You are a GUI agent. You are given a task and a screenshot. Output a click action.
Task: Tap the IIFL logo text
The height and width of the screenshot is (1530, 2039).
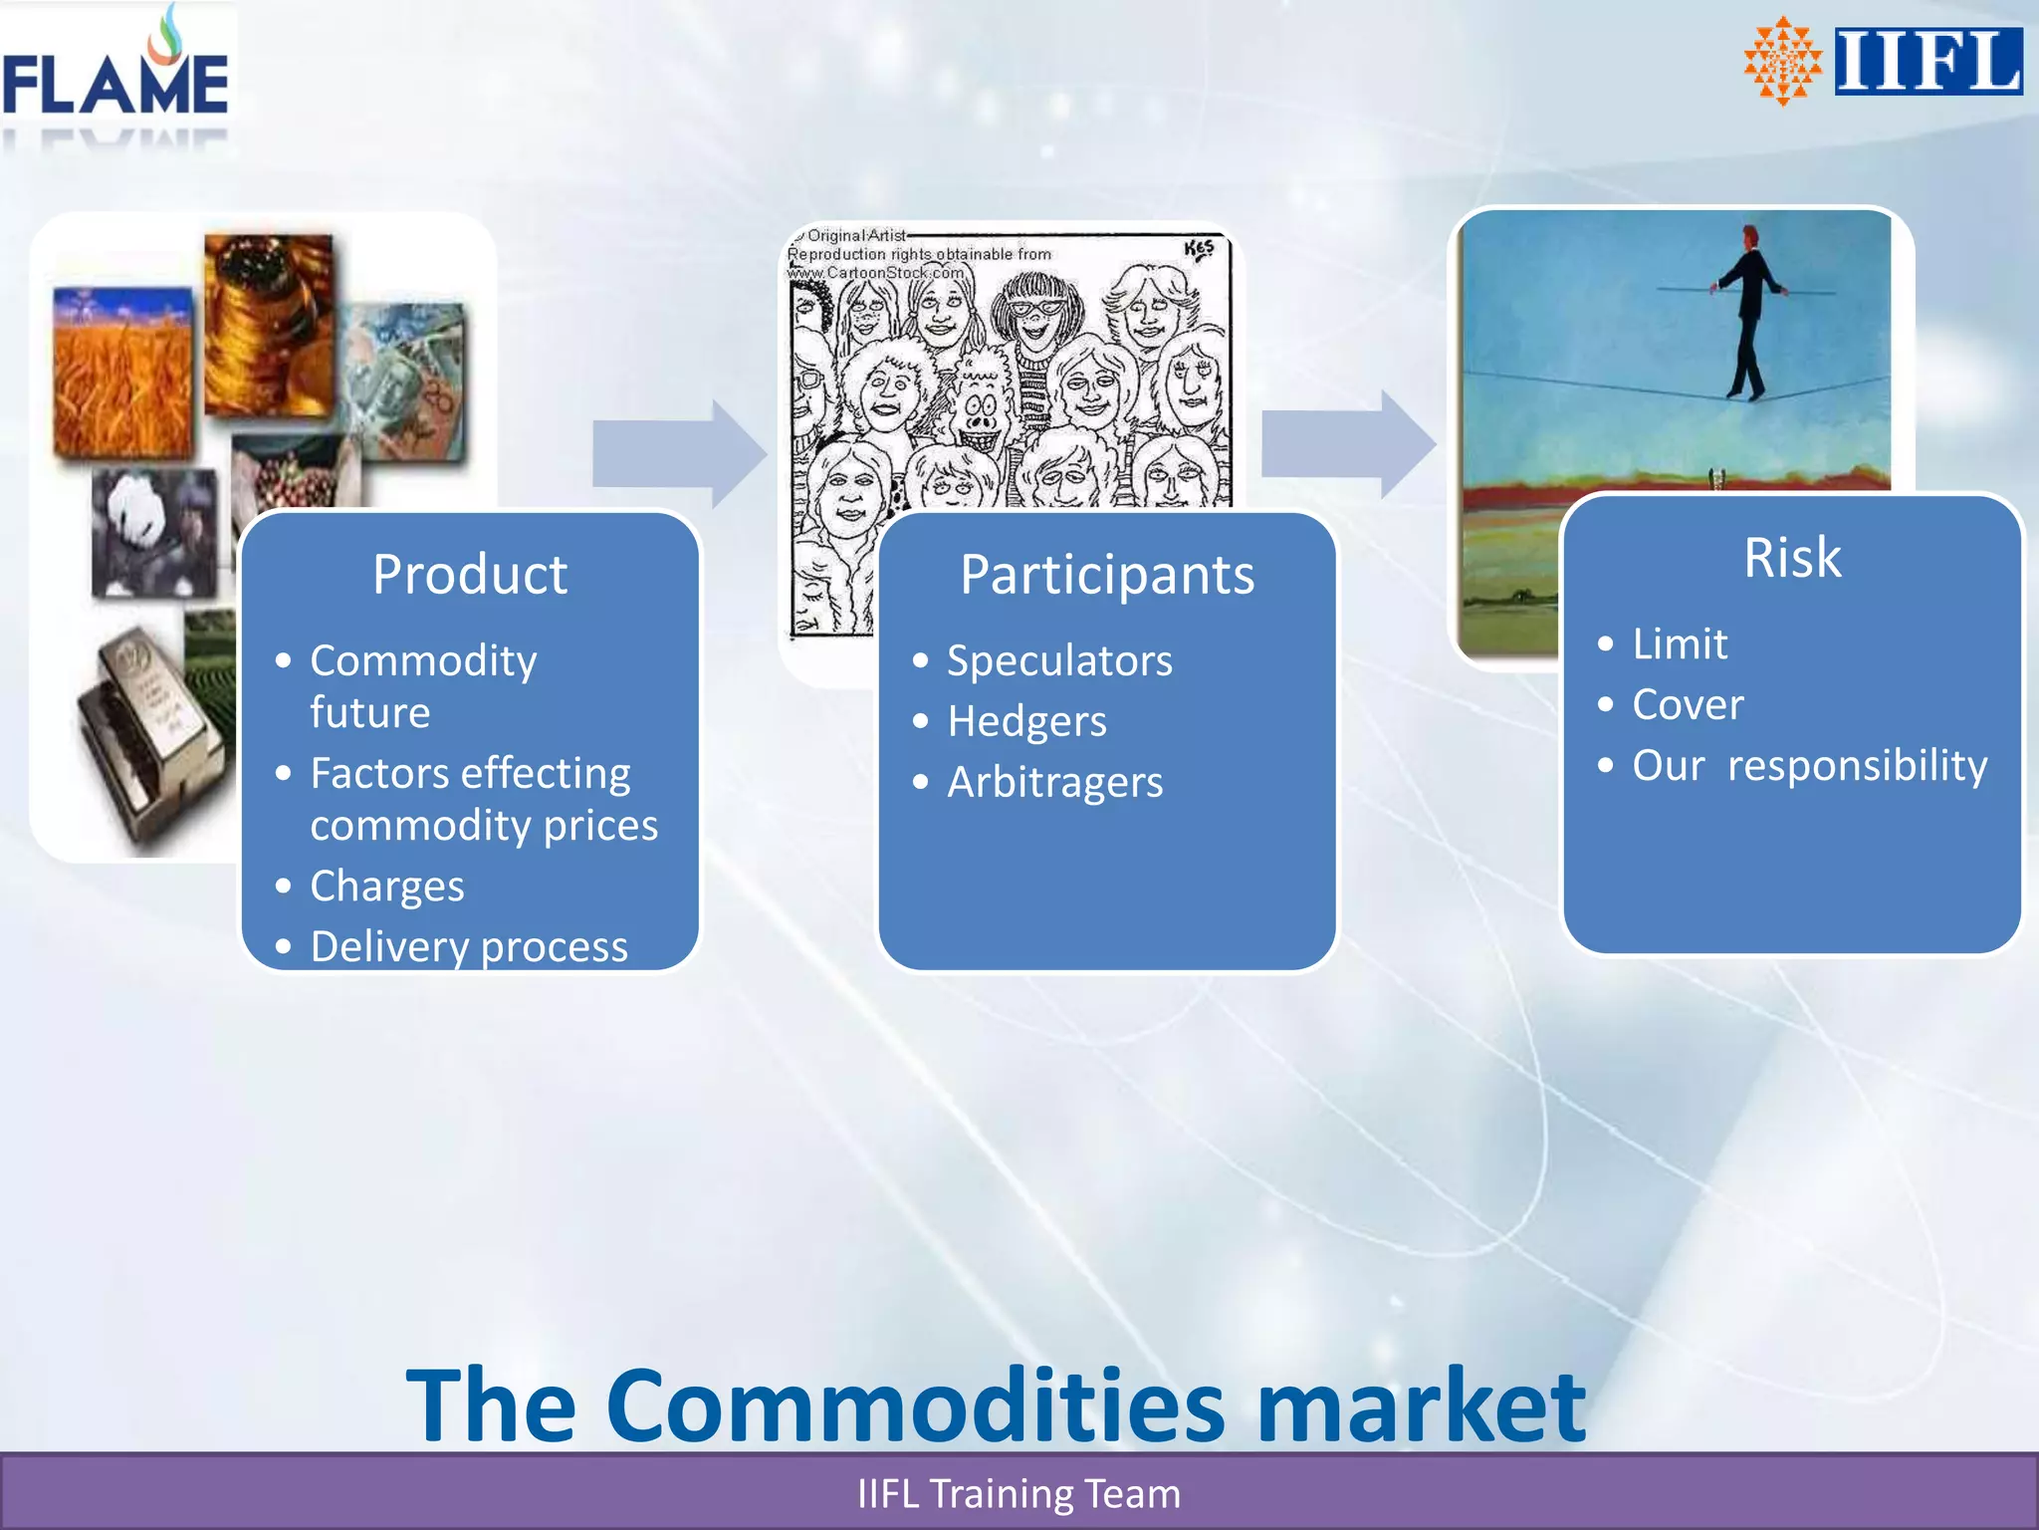coord(1927,62)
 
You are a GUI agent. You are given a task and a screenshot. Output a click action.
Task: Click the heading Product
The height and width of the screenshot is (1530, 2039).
coord(470,575)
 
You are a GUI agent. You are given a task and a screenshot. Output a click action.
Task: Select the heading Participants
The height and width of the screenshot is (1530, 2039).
coord(1107,575)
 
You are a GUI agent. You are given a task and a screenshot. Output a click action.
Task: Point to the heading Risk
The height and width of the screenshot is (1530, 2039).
coord(1792,558)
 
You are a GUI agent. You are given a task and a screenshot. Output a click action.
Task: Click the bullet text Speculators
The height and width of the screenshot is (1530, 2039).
coord(1059,661)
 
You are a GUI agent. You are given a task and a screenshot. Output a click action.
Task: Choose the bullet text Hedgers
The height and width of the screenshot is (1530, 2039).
coord(1026,722)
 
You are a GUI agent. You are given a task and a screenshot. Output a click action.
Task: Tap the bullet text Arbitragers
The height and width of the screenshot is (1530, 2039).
coord(1055,783)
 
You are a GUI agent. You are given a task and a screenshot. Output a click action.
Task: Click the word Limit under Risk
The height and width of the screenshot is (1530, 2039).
coord(1680,644)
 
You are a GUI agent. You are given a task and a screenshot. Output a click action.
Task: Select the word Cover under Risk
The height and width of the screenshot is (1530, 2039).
coord(1688,705)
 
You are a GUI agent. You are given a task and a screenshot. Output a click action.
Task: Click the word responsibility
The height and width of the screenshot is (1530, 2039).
coord(1857,766)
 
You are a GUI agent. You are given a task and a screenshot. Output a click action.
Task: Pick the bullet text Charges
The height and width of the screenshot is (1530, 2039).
coord(387,887)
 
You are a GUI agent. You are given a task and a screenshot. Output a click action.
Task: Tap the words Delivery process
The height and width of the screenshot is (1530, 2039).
coord(469,946)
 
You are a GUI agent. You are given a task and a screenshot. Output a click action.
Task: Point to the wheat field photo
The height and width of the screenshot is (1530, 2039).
coord(121,374)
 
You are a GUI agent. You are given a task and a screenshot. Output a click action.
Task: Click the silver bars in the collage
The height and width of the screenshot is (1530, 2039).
coord(149,737)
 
